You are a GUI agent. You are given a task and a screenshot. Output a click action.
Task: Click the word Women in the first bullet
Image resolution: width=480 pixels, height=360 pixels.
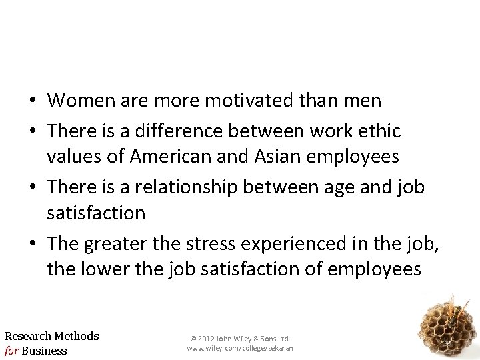point(75,101)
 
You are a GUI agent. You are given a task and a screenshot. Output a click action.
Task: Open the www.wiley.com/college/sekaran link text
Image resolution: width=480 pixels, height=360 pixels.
point(240,349)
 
